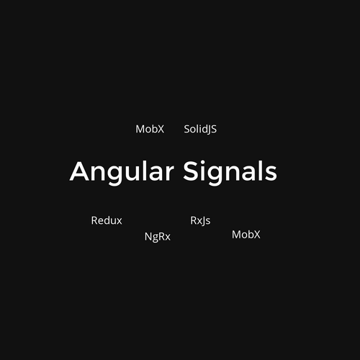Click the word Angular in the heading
[x=122, y=173]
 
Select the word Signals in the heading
[x=230, y=172]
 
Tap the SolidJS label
[x=200, y=130]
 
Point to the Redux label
[x=107, y=220]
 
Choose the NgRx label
[x=158, y=237]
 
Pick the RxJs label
[x=200, y=220]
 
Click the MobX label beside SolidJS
[x=150, y=129]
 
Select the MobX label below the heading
[x=246, y=235]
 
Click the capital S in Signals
[x=191, y=171]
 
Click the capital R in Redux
[x=94, y=220]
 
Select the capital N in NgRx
[x=148, y=236]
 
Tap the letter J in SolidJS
[x=208, y=130]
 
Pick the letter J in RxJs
[x=203, y=221]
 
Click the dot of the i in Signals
[x=204, y=162]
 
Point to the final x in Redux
[x=119, y=222]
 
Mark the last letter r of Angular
[x=170, y=174]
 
